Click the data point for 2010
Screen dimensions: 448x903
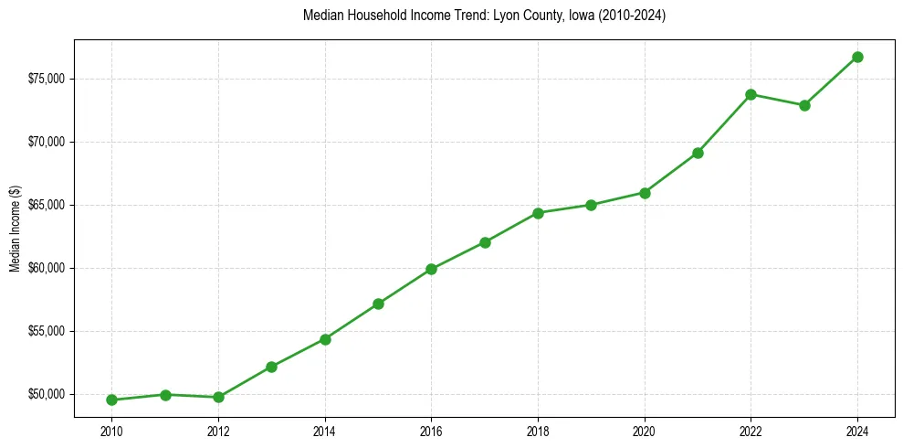[111, 400]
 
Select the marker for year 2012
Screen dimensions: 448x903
[218, 397]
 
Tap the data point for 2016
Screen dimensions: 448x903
[431, 269]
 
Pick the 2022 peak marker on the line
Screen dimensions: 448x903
[751, 94]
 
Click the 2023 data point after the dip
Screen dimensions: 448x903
[804, 105]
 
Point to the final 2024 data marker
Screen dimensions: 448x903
[857, 57]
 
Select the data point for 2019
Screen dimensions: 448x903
[591, 205]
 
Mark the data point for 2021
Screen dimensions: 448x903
[698, 153]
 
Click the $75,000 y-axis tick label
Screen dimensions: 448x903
[47, 79]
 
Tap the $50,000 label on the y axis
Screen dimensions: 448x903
[47, 394]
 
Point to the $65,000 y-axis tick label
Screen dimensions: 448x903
[47, 205]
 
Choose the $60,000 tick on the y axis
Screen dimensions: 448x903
[47, 268]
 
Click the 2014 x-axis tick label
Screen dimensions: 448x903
[324, 431]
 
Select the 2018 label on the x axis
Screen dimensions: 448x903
[538, 431]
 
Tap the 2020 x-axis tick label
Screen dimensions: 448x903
[645, 431]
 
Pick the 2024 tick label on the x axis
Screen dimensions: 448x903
[857, 431]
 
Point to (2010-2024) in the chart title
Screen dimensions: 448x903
[631, 16]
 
